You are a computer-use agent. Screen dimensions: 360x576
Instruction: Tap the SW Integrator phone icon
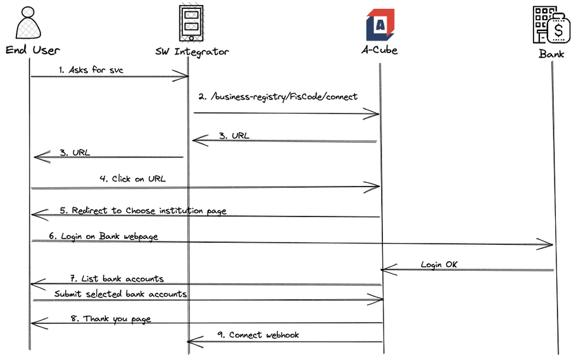tap(191, 23)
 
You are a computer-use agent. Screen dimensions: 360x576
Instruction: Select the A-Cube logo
tap(380, 24)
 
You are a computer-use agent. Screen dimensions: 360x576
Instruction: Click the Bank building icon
tap(551, 24)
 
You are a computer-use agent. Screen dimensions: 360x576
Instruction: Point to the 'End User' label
tap(33, 50)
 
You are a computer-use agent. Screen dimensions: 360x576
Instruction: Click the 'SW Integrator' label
tap(192, 51)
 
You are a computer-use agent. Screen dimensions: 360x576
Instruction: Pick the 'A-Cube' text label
tap(379, 50)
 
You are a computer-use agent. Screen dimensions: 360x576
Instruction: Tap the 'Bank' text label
tap(551, 54)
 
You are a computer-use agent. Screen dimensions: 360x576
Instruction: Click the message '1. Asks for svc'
tap(91, 70)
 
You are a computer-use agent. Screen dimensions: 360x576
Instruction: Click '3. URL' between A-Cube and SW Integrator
tap(234, 135)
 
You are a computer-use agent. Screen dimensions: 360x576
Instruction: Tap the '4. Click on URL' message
tap(132, 178)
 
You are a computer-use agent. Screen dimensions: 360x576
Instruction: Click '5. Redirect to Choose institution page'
tap(143, 210)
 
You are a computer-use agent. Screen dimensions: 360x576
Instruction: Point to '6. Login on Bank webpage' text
tap(103, 236)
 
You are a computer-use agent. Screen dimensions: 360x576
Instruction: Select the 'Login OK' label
tap(439, 264)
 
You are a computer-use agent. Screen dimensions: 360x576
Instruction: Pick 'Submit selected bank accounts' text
tap(120, 294)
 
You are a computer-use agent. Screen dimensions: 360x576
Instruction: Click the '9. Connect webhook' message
tap(258, 334)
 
